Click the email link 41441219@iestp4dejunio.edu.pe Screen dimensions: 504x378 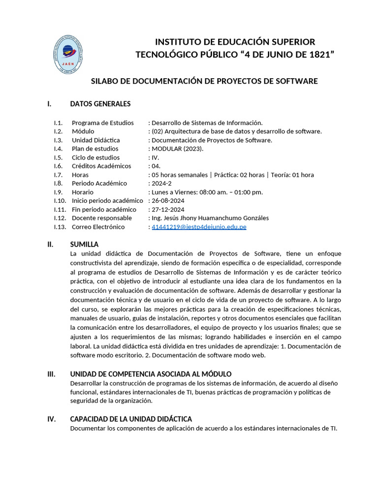[x=199, y=227]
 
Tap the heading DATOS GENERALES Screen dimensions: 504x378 [x=100, y=104]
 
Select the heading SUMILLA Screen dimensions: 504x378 [x=85, y=245]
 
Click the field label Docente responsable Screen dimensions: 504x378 [x=102, y=218]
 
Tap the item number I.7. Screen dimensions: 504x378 [x=59, y=175]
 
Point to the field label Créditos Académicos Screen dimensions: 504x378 [x=101, y=166]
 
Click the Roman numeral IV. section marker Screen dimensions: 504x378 [x=51, y=419]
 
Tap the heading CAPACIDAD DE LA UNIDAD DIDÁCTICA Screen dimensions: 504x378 [x=131, y=419]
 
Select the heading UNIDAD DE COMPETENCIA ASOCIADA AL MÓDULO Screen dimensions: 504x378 [x=151, y=375]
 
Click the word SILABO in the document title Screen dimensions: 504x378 [x=105, y=81]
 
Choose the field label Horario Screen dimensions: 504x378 [x=83, y=192]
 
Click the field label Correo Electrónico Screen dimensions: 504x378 [x=98, y=227]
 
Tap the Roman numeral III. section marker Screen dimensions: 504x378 [x=51, y=375]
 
